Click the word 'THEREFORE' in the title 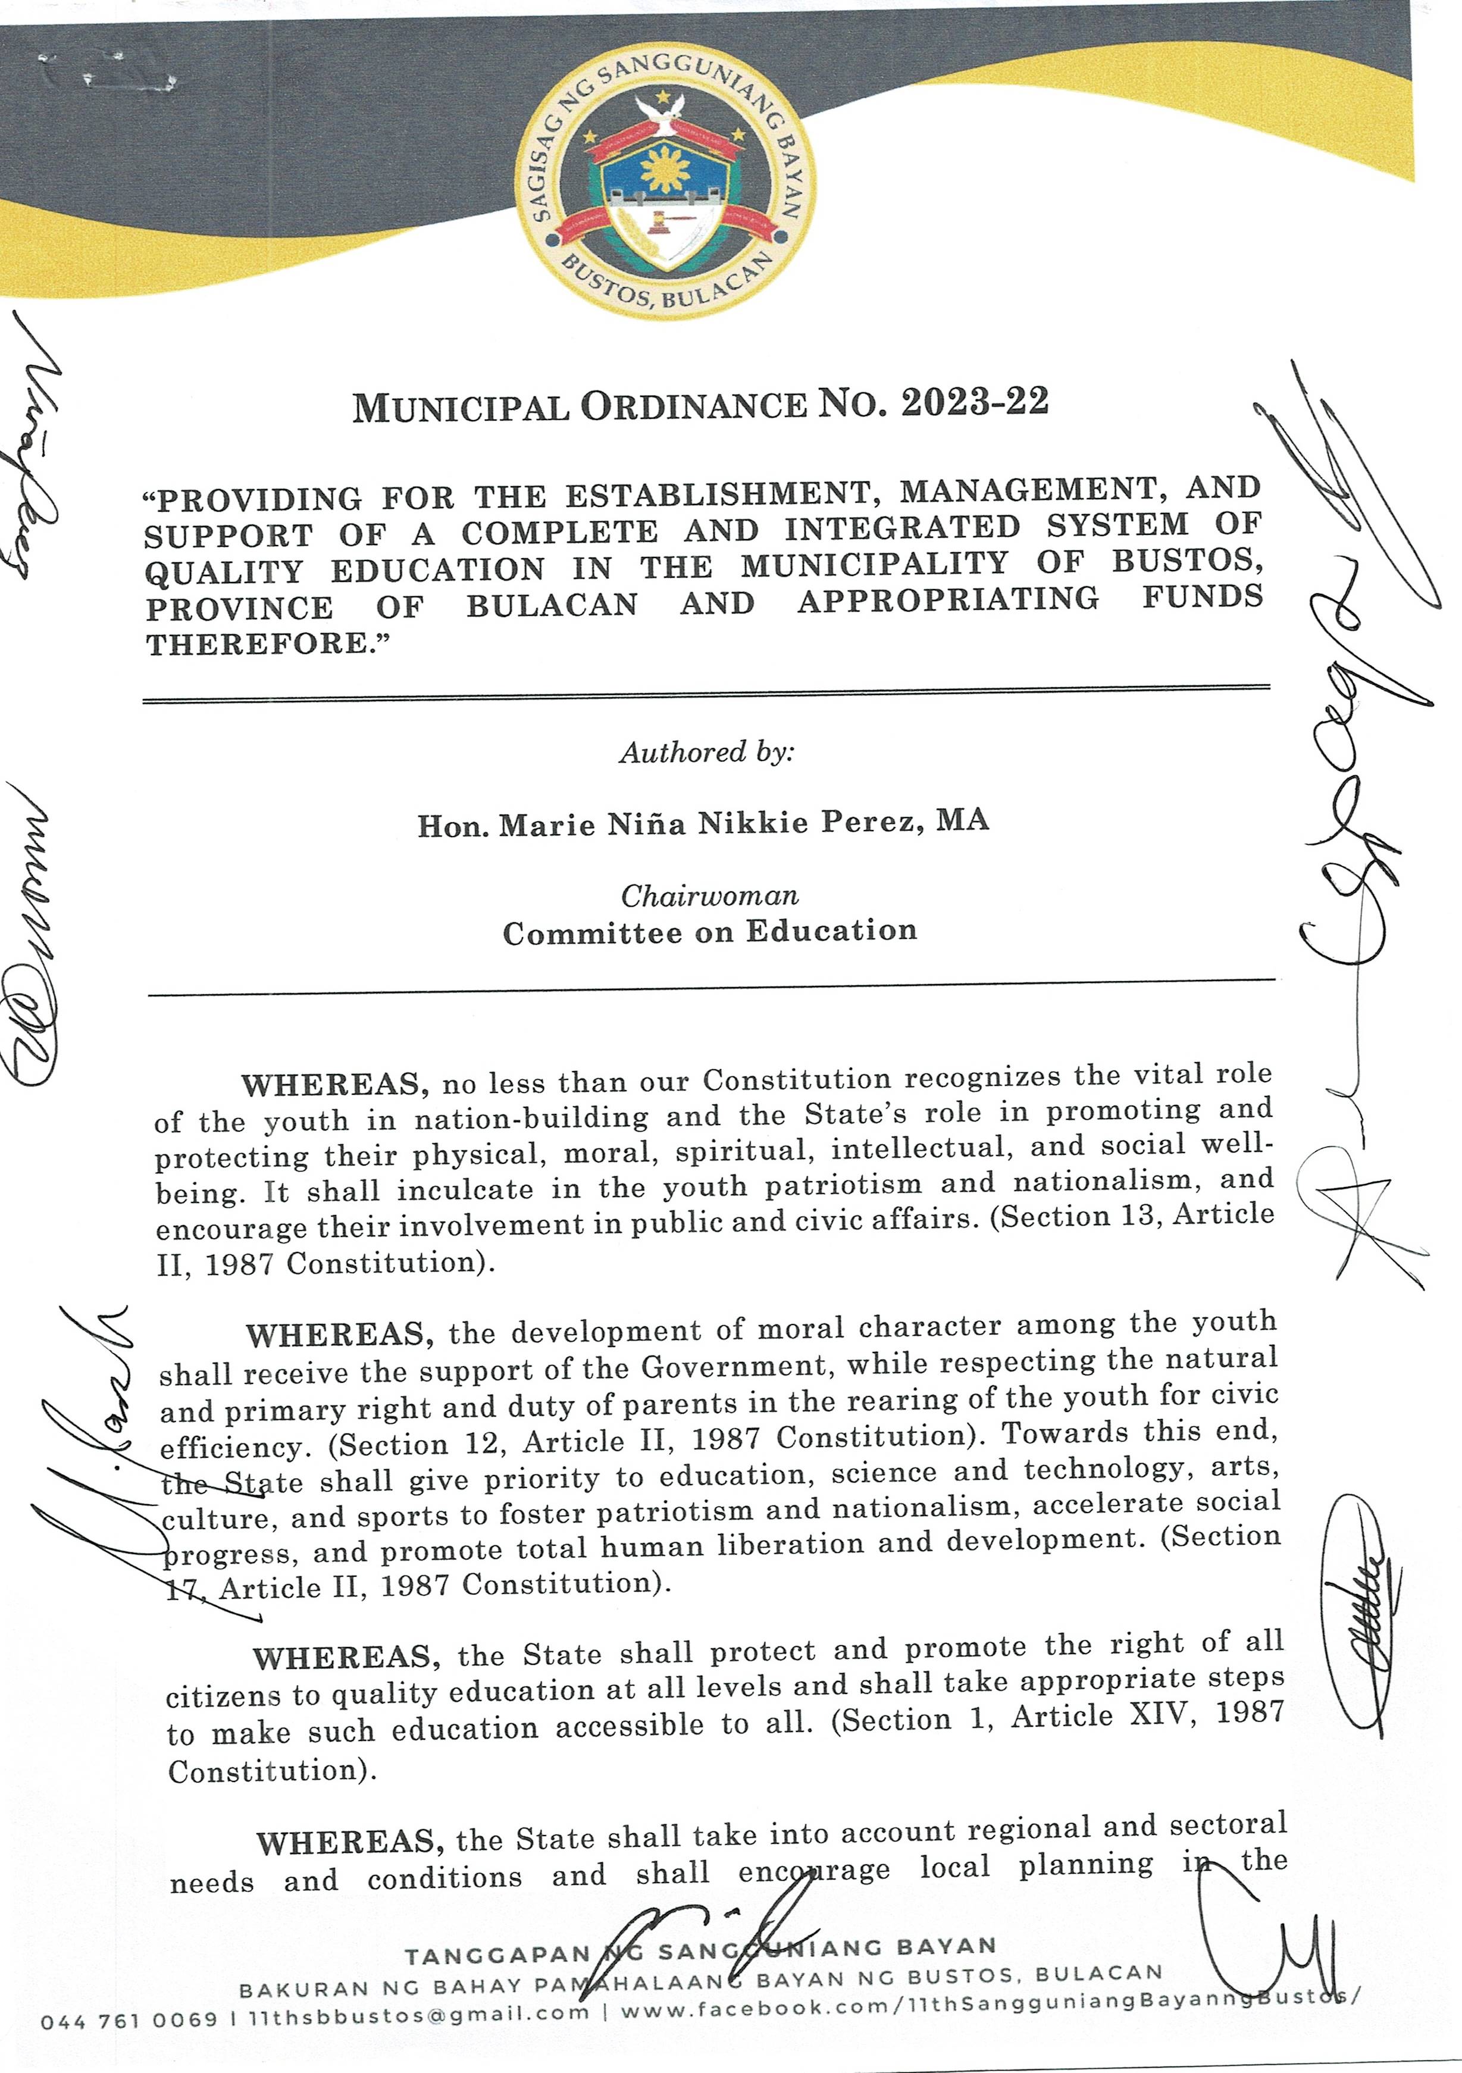point(261,644)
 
